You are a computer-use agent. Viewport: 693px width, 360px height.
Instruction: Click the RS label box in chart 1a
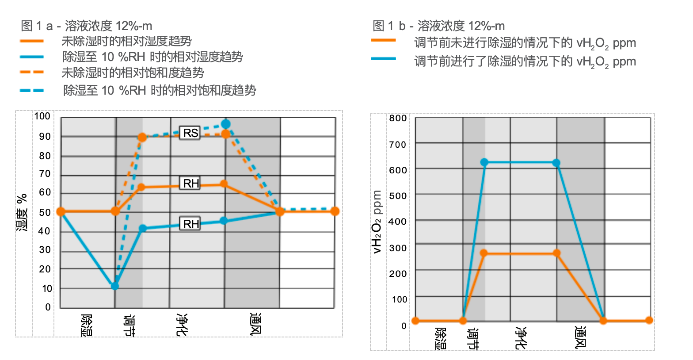tap(190, 133)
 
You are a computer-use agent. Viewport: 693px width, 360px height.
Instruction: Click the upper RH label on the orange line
tap(191, 183)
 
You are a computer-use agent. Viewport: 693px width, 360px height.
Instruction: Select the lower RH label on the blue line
tap(191, 224)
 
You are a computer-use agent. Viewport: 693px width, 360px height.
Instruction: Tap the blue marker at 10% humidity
tap(115, 286)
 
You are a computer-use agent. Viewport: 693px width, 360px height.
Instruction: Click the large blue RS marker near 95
tap(226, 124)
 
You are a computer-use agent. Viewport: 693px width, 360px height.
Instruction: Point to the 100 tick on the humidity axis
tap(42, 116)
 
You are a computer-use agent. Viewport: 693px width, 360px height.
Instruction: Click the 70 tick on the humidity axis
tap(45, 174)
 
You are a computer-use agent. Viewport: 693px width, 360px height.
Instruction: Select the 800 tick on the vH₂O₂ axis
tap(398, 118)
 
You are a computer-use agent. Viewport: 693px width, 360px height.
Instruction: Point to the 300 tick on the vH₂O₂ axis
tap(398, 248)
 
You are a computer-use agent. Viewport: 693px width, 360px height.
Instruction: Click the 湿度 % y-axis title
tap(22, 212)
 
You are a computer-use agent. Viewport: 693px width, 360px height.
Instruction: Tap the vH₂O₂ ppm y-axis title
tap(377, 221)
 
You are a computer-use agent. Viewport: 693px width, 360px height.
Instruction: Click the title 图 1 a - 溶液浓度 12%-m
tap(87, 26)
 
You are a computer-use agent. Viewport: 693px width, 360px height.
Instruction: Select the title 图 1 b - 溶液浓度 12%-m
tap(439, 26)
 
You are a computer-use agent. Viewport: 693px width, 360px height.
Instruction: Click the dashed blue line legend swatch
tap(32, 91)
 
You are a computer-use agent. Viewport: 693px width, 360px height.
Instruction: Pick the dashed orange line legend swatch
tap(32, 72)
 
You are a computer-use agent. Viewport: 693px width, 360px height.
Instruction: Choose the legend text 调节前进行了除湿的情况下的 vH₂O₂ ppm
tap(525, 61)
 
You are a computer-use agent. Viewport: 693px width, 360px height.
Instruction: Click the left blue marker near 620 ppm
tap(484, 162)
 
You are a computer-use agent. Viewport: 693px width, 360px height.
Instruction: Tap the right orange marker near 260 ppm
tap(556, 253)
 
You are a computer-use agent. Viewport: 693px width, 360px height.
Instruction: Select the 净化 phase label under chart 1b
tap(521, 338)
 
